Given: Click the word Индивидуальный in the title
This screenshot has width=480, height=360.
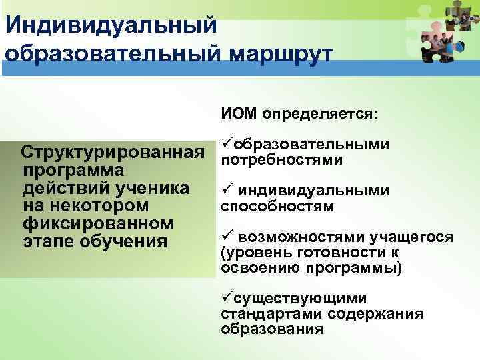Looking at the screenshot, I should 110,25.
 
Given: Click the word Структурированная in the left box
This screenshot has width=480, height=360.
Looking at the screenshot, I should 113,154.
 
